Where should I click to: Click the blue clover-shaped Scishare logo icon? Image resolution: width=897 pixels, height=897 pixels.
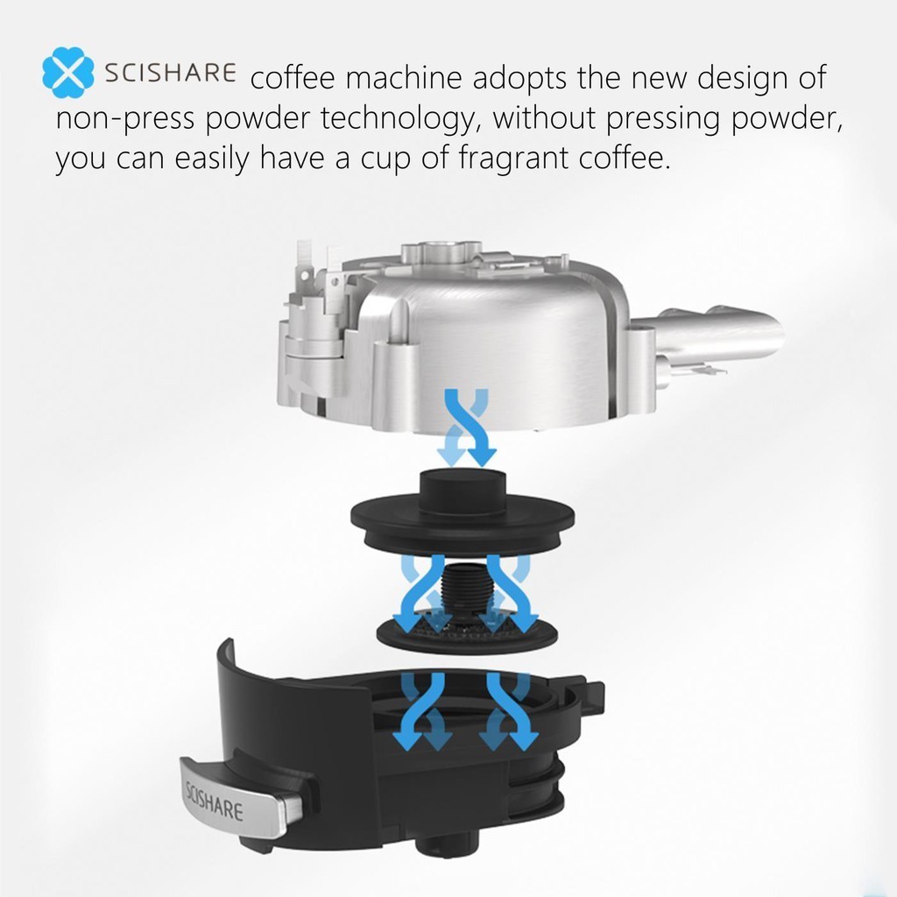click(68, 73)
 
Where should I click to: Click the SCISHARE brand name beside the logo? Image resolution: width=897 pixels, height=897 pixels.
click(170, 74)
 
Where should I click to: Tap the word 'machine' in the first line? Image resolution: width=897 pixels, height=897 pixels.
click(403, 78)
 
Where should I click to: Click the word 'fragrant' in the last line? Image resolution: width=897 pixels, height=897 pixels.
click(512, 159)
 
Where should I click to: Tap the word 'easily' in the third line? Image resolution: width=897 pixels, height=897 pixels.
click(212, 159)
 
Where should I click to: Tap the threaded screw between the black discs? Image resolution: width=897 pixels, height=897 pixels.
click(464, 592)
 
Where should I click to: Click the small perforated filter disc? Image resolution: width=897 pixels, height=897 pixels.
click(467, 632)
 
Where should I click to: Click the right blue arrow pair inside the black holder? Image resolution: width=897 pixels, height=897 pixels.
click(508, 710)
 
